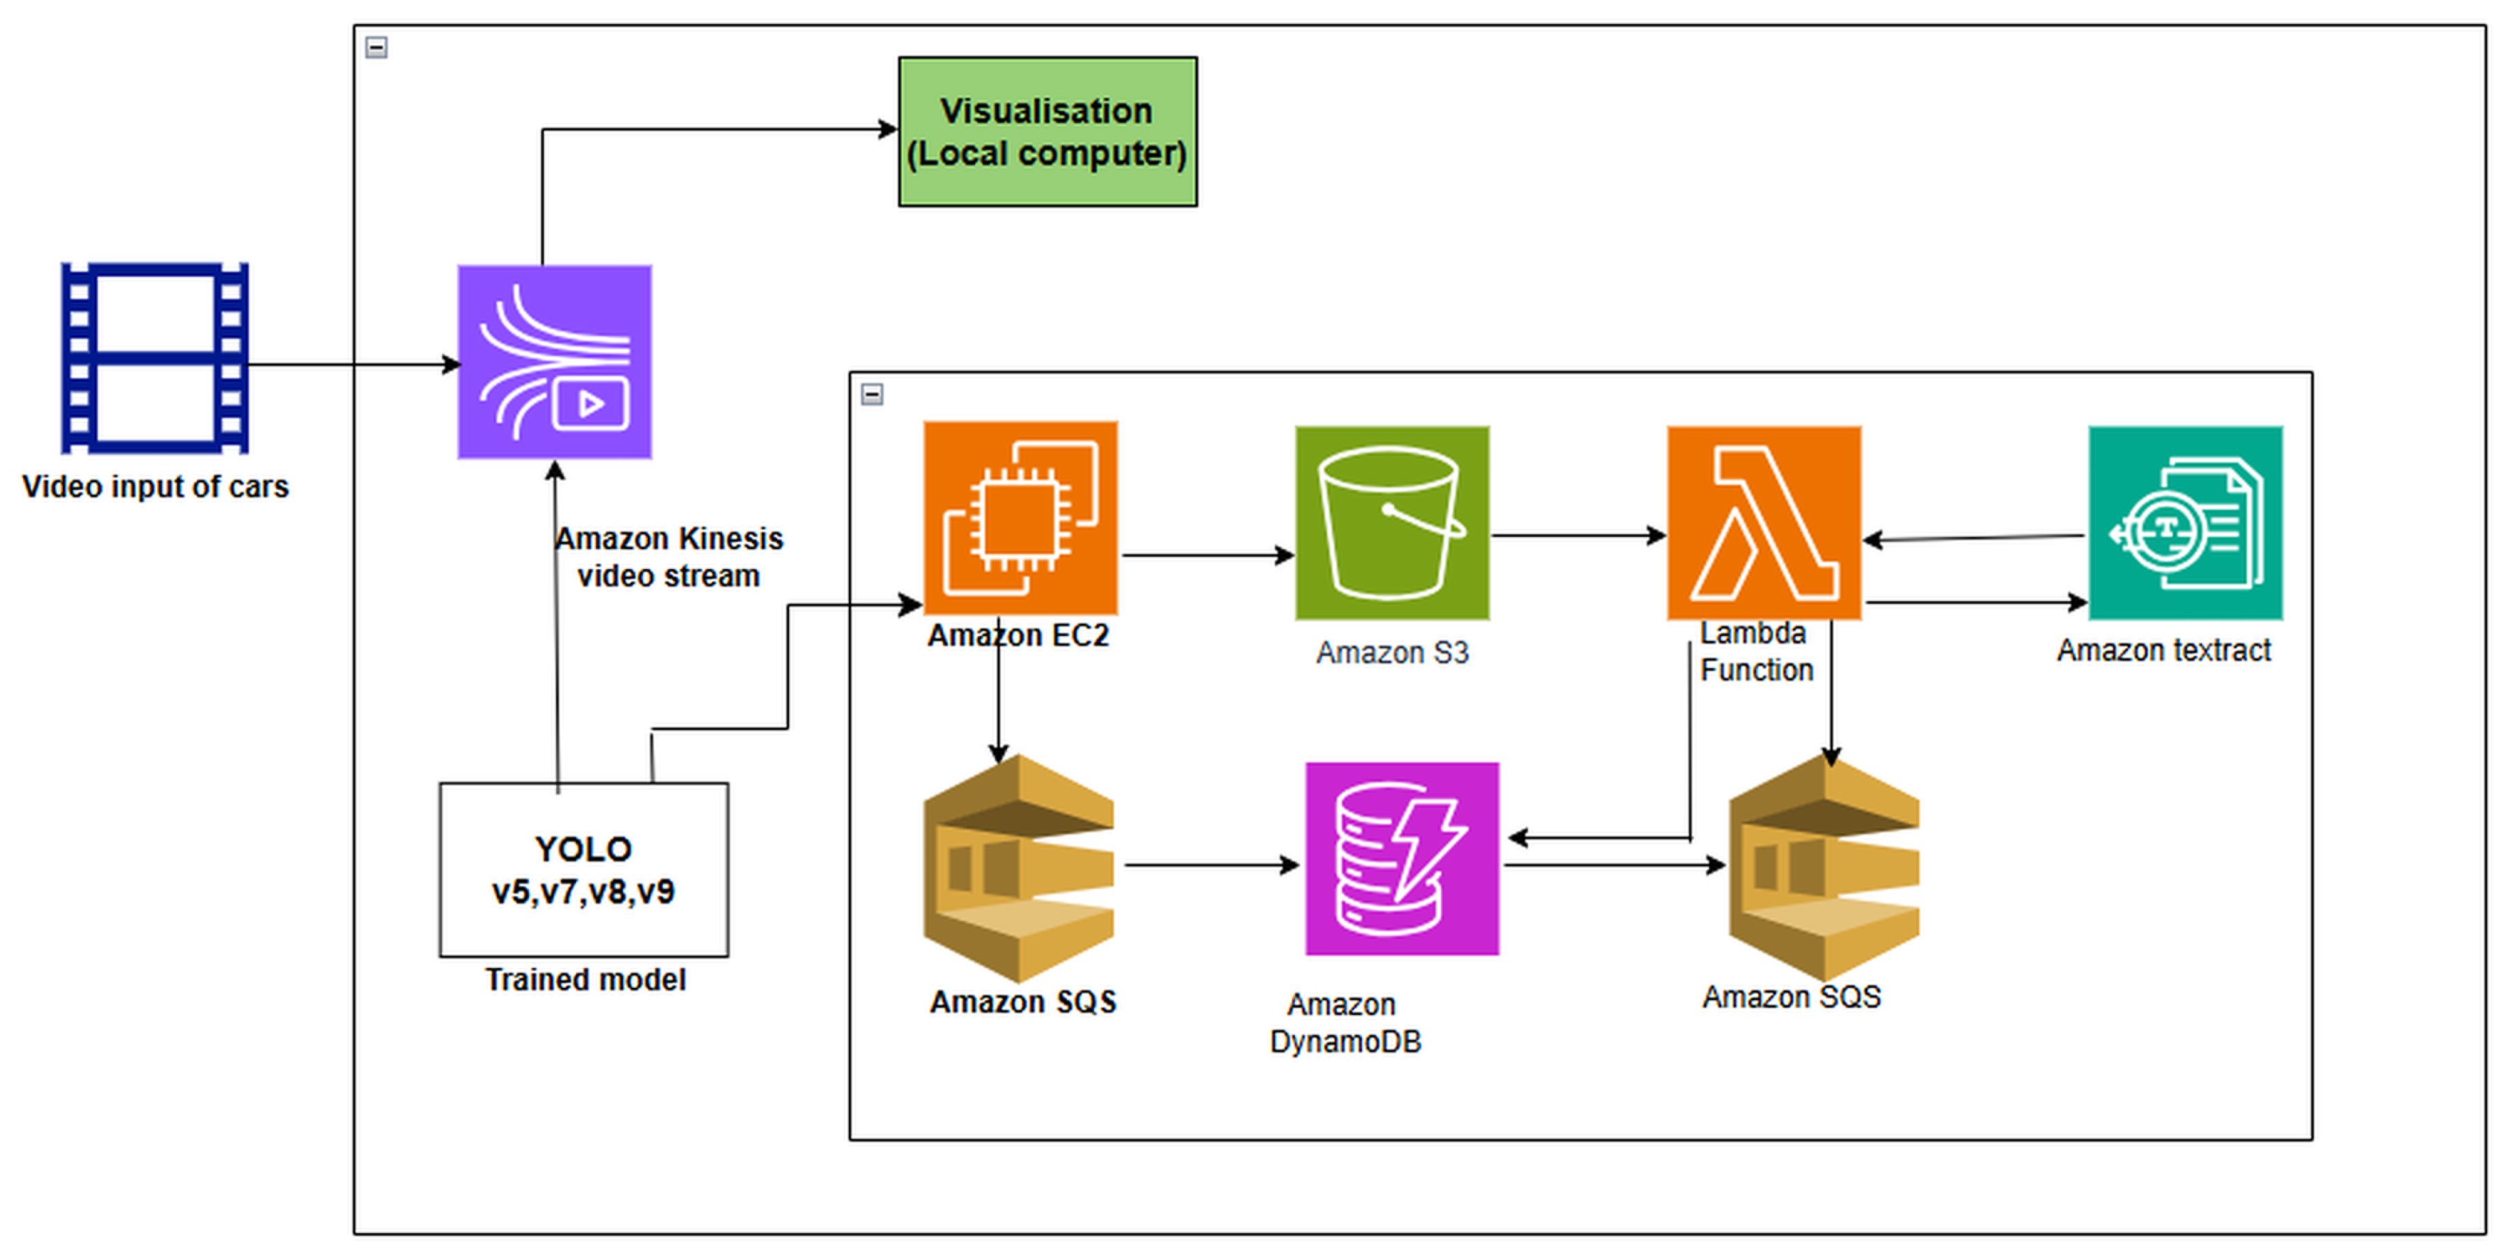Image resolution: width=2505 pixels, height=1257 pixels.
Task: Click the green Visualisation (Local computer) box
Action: [1048, 131]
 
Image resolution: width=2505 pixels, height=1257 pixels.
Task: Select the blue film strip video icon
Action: [154, 358]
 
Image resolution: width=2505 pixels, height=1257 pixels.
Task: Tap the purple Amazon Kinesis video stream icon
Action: [554, 361]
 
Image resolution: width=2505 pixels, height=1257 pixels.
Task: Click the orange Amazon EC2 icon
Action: [1020, 518]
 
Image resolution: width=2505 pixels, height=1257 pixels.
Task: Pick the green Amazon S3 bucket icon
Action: [1392, 523]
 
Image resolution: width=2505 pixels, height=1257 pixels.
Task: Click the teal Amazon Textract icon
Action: [2185, 523]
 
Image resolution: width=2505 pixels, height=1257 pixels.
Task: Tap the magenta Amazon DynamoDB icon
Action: [1401, 859]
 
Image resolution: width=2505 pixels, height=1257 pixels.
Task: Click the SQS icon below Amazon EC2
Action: [1018, 868]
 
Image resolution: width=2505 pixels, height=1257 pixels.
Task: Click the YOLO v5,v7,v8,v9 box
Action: [584, 870]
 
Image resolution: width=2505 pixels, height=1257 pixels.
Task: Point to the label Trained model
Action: [586, 980]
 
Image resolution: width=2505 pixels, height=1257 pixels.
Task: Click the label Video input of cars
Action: [156, 486]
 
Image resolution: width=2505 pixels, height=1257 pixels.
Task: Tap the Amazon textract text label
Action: [2163, 650]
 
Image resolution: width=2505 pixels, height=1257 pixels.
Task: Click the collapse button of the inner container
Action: [873, 393]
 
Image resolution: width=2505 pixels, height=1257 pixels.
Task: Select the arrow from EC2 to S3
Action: [1206, 555]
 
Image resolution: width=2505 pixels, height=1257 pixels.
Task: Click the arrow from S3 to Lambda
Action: [1577, 535]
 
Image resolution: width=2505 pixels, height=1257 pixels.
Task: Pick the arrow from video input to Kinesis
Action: [350, 365]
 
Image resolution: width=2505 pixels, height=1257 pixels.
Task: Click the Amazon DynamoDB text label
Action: [1345, 1023]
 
